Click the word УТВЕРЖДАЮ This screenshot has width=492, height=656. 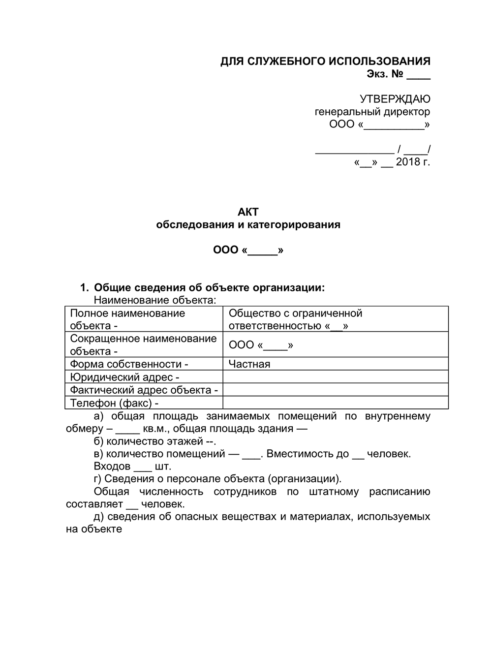tap(395, 99)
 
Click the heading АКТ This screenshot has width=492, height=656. tap(247, 212)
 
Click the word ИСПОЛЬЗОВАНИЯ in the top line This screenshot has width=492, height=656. tap(379, 61)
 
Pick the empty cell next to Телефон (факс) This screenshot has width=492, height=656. tap(335, 403)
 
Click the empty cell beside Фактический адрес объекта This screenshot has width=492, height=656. tap(335, 390)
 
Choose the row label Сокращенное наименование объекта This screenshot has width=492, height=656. tap(143, 344)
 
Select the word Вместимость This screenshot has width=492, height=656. tap(301, 454)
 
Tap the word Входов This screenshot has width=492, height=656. tap(112, 466)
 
